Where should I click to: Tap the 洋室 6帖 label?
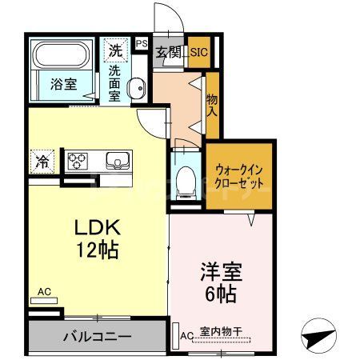pos(218,282)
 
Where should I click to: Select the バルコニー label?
pos(97,336)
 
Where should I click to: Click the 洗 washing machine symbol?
pos(117,50)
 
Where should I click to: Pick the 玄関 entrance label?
pos(169,53)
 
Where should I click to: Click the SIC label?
pos(198,53)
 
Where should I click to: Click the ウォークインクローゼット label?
pos(239,176)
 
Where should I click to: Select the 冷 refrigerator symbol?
pos(42,161)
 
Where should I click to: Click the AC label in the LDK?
pos(44,294)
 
